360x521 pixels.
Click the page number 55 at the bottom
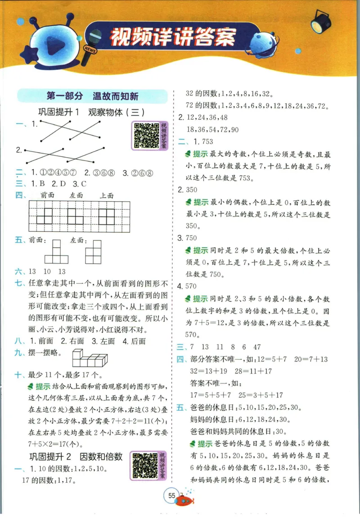[x=171, y=496]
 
